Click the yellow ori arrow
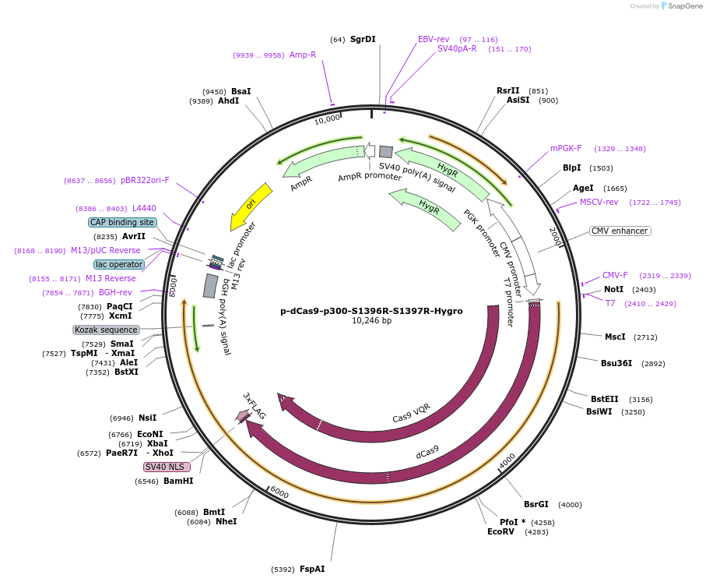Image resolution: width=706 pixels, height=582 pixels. [251, 206]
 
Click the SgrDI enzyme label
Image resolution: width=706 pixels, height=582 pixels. [363, 39]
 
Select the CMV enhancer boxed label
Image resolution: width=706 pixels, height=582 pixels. [620, 231]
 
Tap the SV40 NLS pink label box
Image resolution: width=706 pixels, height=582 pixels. [167, 467]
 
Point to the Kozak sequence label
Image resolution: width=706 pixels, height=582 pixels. [106, 330]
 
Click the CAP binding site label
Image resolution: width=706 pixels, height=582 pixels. [121, 222]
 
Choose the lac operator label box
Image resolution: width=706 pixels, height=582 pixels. [119, 264]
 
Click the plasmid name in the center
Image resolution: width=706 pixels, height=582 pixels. [371, 311]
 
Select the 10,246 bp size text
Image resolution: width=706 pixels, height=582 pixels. [371, 321]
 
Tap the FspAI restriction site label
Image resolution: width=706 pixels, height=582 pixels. [312, 569]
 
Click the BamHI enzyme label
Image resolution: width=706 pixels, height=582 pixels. [178, 481]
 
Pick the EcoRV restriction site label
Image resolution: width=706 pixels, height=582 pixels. [501, 532]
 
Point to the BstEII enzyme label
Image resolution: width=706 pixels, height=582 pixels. [604, 399]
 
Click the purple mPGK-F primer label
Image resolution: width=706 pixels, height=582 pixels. [566, 148]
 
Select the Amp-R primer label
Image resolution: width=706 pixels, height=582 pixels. [303, 55]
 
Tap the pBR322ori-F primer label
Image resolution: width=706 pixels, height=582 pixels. [145, 180]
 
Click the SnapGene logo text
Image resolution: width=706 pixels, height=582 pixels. [681, 6]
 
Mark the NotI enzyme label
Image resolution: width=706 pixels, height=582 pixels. [613, 289]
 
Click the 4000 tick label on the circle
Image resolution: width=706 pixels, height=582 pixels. [507, 461]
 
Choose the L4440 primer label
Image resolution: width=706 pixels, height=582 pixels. [144, 208]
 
